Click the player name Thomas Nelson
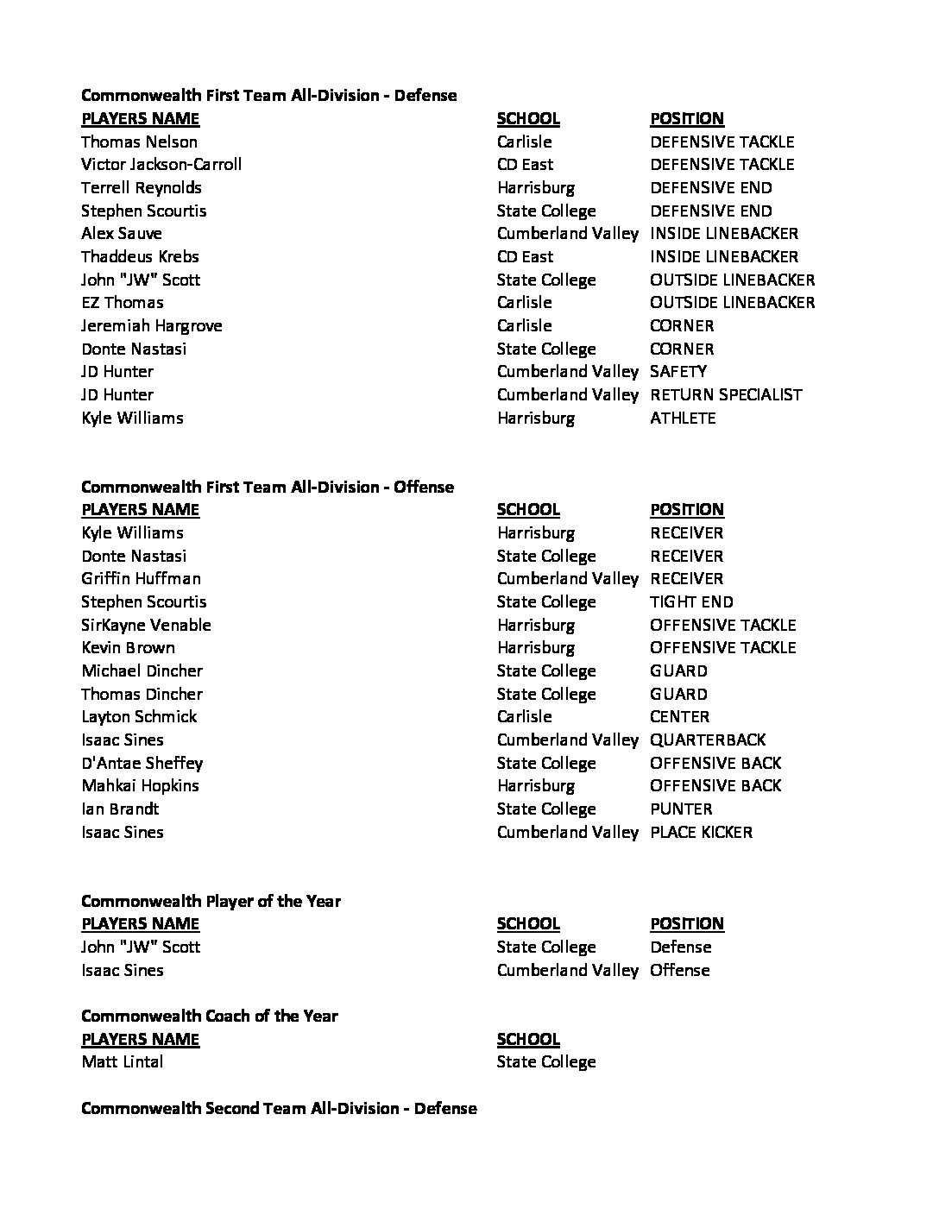point(139,142)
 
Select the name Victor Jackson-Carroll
point(161,164)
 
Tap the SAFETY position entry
point(678,372)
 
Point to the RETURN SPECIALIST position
point(726,395)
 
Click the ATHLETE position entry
point(683,418)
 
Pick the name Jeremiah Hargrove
point(152,326)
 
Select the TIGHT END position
point(691,602)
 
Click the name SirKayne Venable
point(146,626)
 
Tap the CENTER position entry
point(679,717)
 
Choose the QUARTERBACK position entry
point(707,740)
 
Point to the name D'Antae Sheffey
point(142,764)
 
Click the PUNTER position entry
point(681,809)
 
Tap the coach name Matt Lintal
point(122,1062)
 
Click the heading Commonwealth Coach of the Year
point(210,1016)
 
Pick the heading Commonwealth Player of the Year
point(211,901)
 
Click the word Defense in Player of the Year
point(680,947)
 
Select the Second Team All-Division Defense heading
point(279,1108)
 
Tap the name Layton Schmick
point(139,717)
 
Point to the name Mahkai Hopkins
point(140,786)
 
